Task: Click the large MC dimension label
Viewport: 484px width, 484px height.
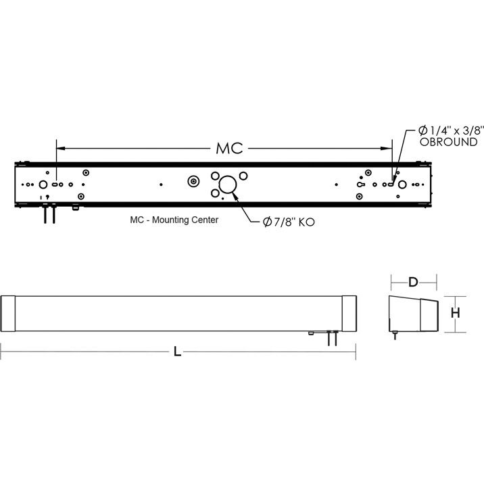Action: [x=229, y=148]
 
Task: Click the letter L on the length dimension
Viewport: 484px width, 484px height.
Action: [x=177, y=352]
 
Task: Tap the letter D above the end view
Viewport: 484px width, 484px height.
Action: [x=413, y=280]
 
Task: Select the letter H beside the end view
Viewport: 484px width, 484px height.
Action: [x=456, y=313]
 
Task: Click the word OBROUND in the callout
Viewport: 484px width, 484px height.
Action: [x=448, y=143]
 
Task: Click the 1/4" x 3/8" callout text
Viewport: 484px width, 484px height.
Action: [x=447, y=130]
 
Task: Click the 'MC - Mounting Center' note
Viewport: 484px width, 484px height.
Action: [x=174, y=220]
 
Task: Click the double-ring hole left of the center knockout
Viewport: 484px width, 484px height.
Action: [x=194, y=182]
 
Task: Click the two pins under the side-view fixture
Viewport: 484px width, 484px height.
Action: [x=331, y=338]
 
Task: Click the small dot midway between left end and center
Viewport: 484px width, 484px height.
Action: [x=160, y=183]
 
